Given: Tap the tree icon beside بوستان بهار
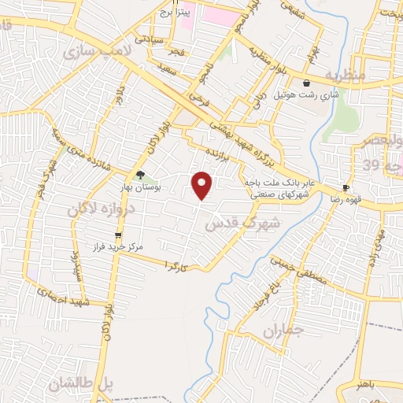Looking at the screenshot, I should click(141, 175).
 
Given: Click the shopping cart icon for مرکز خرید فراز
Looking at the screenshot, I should click(118, 235).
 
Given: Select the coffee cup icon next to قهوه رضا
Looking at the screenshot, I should click(346, 187).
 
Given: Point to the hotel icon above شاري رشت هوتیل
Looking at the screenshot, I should click(306, 83).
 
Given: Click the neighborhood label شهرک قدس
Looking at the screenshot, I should click(232, 224).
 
